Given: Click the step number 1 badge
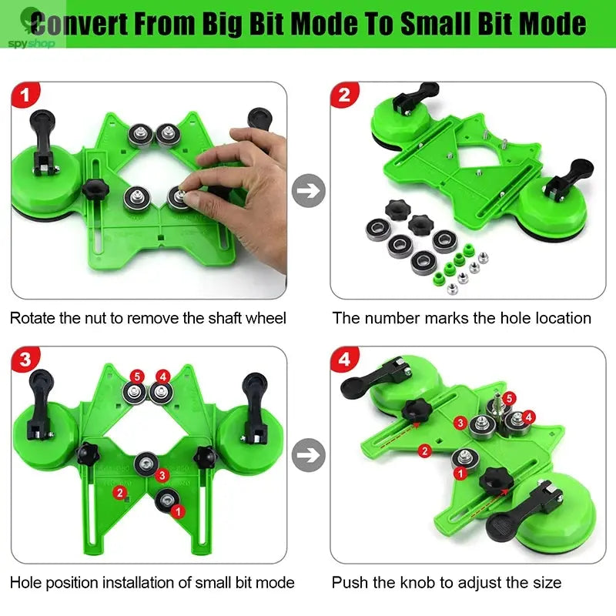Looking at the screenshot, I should click(26, 97).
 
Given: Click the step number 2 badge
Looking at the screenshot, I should click(344, 97).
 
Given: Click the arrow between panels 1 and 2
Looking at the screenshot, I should click(310, 190).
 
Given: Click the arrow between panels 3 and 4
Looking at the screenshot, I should click(310, 454).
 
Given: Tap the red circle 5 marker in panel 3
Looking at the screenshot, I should click(137, 377).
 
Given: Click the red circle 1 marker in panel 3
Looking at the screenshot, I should click(178, 511).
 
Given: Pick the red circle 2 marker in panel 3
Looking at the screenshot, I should click(119, 492).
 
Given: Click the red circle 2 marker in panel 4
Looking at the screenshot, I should click(423, 450).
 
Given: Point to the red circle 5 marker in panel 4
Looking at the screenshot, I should click(509, 397).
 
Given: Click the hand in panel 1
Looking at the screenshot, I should click(246, 185).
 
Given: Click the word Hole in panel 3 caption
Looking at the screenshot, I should click(26, 582).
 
